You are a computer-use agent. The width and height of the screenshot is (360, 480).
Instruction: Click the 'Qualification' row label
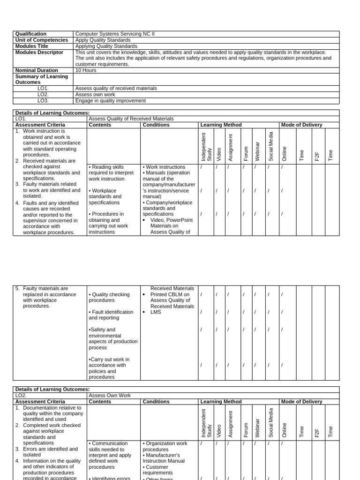pyautogui.click(x=31, y=34)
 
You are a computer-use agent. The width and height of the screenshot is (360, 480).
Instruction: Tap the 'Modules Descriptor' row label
pyautogui.click(x=39, y=52)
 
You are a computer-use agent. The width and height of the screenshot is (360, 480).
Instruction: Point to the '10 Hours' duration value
pyautogui.click(x=86, y=70)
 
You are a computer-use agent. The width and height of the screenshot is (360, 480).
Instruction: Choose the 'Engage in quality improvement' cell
pyautogui.click(x=111, y=100)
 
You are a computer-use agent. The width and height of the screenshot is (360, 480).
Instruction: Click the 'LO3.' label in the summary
pyautogui.click(x=43, y=100)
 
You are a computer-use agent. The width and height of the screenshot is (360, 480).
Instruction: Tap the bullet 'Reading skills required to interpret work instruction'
pyautogui.click(x=108, y=173)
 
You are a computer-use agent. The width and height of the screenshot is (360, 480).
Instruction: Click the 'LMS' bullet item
pyautogui.click(x=155, y=312)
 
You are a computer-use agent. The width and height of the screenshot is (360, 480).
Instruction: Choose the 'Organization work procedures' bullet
pyautogui.click(x=166, y=446)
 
